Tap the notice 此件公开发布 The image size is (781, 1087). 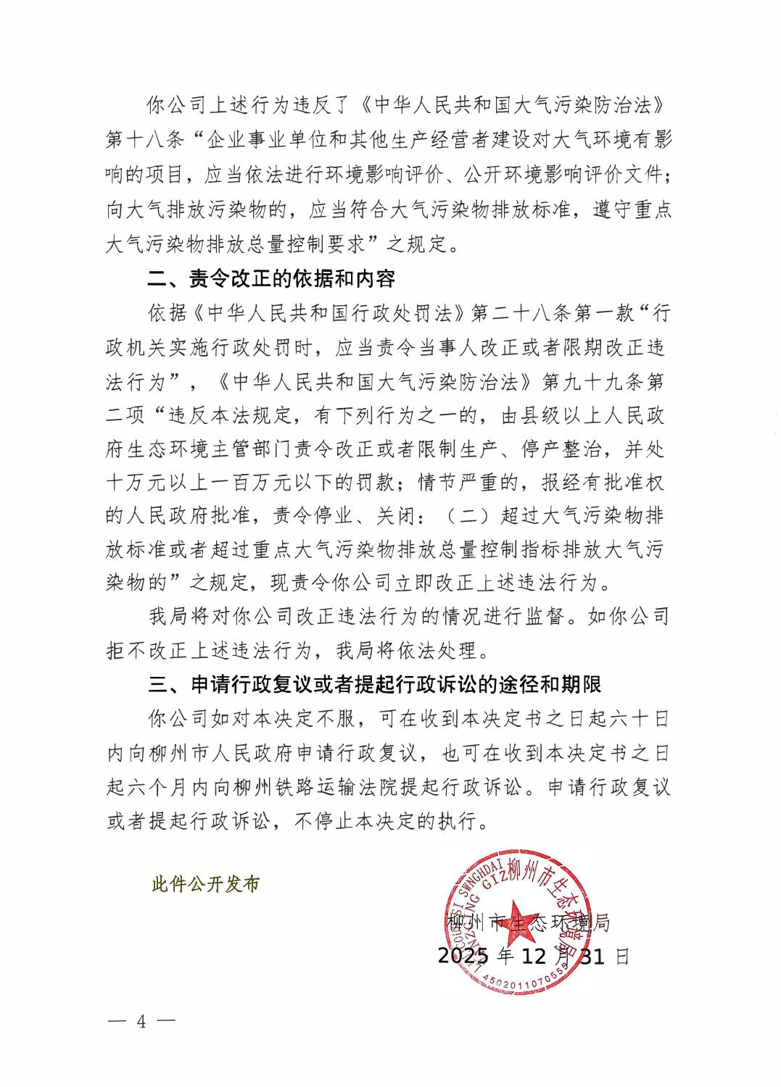205,885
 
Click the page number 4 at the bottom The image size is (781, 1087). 141,1022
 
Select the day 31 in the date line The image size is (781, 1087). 594,957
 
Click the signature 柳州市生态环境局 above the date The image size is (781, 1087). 528,923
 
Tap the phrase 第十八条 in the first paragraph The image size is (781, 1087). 147,140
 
